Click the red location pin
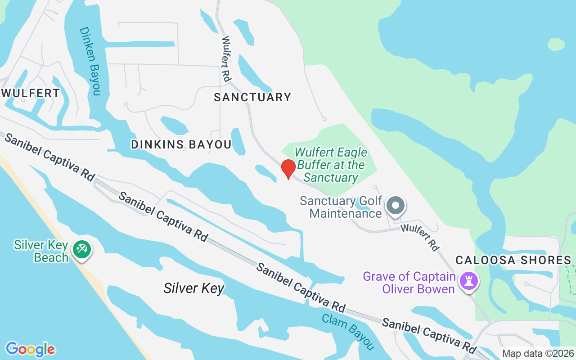(288, 169)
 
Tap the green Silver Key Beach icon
(82, 249)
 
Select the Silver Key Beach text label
(41, 251)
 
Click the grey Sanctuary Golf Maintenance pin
(396, 206)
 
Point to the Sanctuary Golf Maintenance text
(341, 207)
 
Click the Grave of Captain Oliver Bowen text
(409, 283)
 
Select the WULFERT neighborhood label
(30, 93)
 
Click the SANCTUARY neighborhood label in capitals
(252, 97)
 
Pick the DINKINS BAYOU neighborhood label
(181, 144)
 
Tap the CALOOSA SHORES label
(513, 260)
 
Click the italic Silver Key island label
(193, 288)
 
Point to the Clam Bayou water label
(348, 331)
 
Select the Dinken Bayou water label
(90, 61)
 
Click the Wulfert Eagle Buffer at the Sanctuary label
(331, 165)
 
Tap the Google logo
(30, 349)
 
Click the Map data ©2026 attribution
(538, 353)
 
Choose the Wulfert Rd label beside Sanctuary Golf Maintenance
(420, 237)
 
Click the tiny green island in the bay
(556, 44)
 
